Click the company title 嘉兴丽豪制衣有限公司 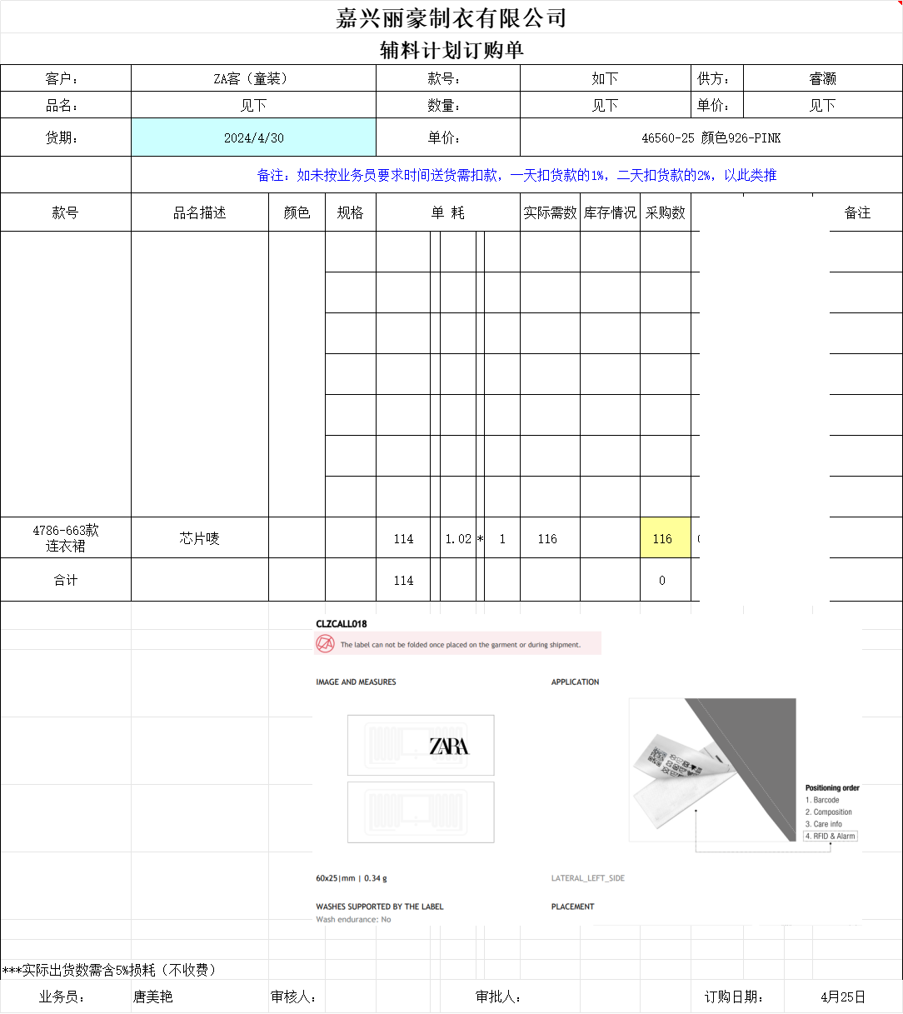coord(451,17)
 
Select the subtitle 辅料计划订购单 coord(451,50)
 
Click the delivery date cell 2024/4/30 coord(253,137)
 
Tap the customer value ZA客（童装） coord(253,78)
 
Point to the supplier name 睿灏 coord(822,78)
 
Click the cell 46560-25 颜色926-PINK coord(711,137)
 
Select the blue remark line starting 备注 coord(516,175)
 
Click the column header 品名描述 coord(199,212)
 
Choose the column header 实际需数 coord(550,212)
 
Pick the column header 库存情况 coord(610,212)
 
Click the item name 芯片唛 coord(199,538)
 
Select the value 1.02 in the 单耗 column coord(458,538)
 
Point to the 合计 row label coord(66,580)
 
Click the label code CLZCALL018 coord(341,623)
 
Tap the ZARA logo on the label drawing coord(449,746)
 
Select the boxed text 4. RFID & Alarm coord(830,836)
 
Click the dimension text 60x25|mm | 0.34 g coord(351,878)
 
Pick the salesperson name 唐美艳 coord(152,997)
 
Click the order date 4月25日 coord(842,997)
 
